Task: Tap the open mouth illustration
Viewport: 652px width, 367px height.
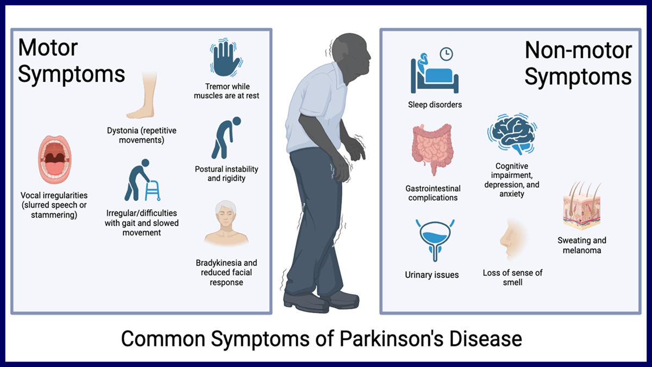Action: (55, 160)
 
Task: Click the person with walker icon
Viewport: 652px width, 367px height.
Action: (142, 180)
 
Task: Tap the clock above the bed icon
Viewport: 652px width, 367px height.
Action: (446, 54)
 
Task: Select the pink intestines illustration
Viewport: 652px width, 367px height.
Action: (432, 148)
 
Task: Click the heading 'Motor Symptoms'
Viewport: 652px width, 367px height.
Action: (71, 60)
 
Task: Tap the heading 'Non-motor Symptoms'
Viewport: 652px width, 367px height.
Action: (578, 64)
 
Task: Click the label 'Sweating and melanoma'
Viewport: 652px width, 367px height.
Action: (582, 245)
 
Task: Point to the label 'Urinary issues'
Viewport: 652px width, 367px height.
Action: (432, 275)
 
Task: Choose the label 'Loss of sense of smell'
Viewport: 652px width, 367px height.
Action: (512, 277)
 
